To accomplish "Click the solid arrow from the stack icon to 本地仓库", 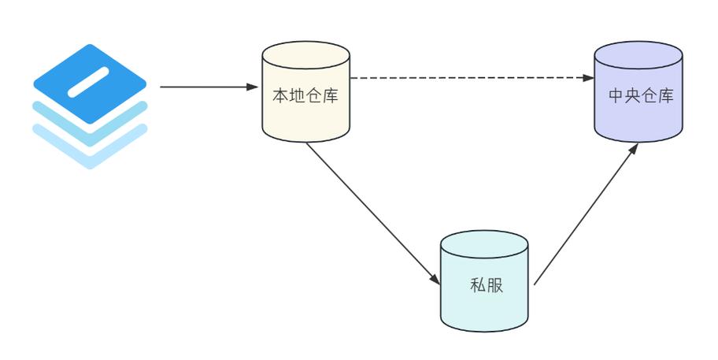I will coord(205,87).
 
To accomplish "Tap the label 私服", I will coord(484,284).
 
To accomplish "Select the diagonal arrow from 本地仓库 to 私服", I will coord(370,211).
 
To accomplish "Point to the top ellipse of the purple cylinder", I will coord(638,54).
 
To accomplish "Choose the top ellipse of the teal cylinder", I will coord(483,243).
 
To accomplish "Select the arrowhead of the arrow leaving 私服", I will coord(634,151).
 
